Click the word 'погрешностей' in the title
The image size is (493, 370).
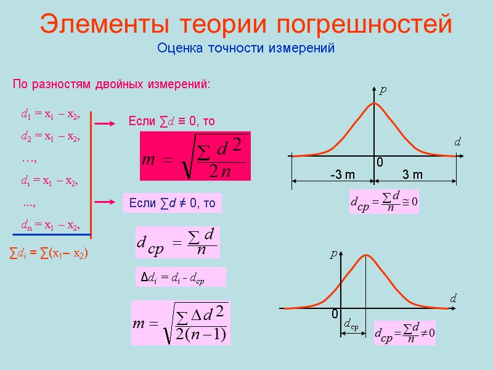pos(364,25)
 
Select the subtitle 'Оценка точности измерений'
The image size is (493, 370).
pos(246,47)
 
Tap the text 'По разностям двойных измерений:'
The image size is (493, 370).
pos(112,83)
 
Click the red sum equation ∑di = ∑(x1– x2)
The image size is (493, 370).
pos(50,253)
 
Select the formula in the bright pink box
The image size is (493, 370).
pos(195,157)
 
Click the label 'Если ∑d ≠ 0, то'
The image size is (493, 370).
pos(173,203)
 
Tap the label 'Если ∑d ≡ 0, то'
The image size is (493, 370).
pos(171,121)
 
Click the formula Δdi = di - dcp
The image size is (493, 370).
pos(180,277)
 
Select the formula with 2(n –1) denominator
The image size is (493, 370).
pos(181,323)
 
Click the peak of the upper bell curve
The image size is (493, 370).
pos(374,103)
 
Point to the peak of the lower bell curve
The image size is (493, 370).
pos(367,255)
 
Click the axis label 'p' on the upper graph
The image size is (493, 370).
pos(383,90)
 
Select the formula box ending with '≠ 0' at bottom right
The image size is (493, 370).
pos(405,332)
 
